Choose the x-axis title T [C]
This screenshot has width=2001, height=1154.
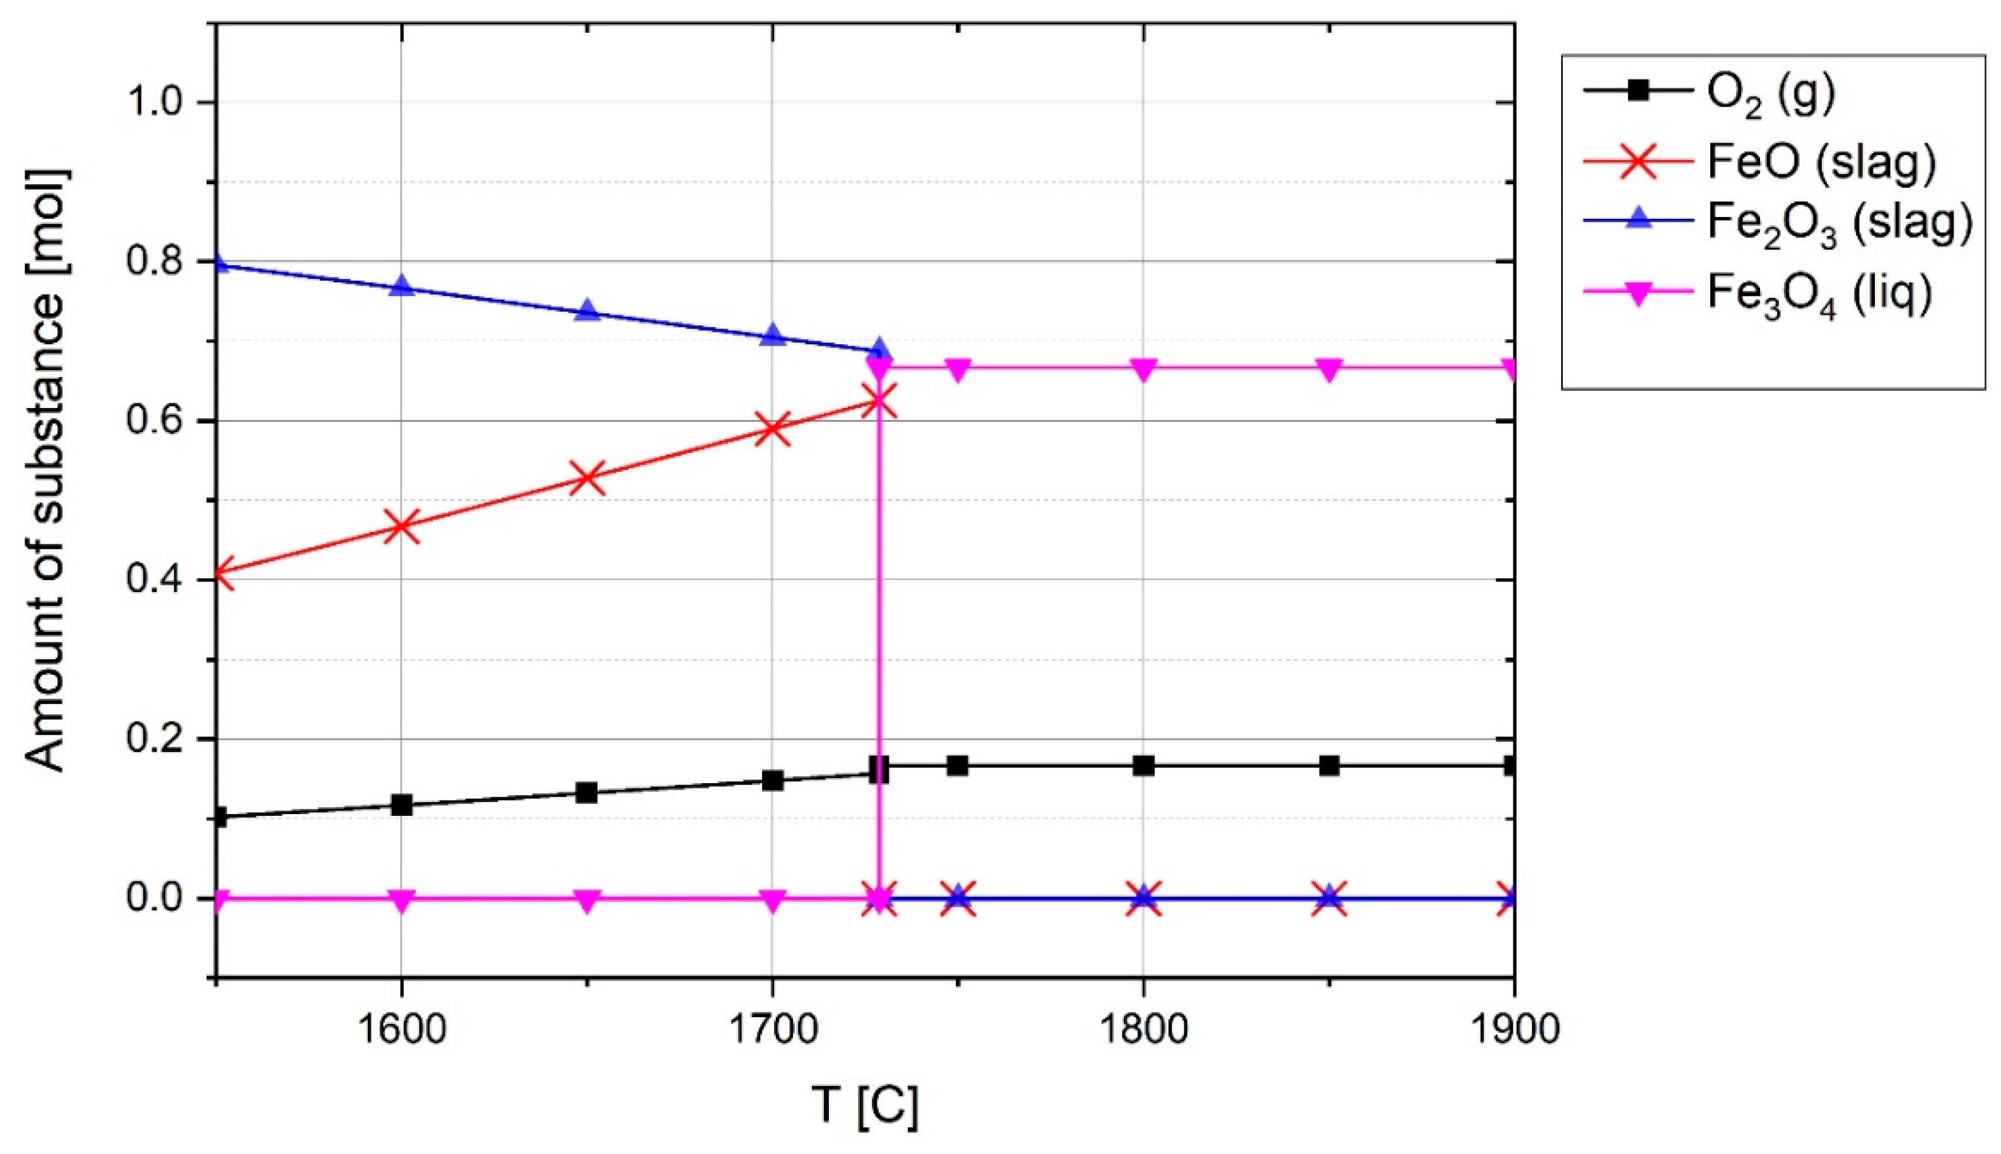point(865,1105)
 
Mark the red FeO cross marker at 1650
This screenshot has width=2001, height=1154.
point(587,478)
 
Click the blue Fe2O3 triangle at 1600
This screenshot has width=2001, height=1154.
point(402,285)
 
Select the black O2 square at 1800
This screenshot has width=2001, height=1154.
point(1143,766)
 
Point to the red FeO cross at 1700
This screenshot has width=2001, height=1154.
point(772,429)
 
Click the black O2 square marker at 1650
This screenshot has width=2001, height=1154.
point(587,793)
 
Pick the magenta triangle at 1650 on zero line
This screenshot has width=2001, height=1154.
point(587,900)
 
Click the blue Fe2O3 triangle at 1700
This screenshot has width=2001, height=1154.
point(772,335)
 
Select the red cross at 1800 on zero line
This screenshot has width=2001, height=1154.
point(1143,898)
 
